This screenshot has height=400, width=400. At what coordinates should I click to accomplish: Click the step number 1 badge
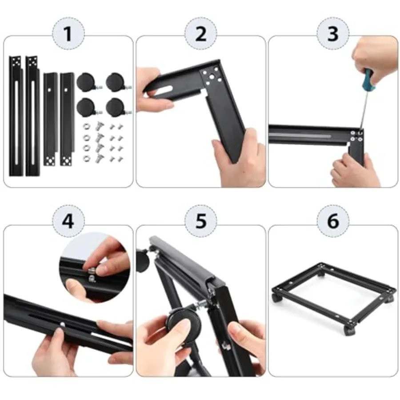coord(68,34)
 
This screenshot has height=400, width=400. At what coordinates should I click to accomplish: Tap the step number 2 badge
coord(201,34)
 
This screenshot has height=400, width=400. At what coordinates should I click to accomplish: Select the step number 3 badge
coord(333,34)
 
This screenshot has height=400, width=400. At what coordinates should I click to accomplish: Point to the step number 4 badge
coord(68,221)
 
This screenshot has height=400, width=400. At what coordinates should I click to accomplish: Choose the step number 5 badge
coord(201,221)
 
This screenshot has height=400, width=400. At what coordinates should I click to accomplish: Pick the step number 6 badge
coord(333,221)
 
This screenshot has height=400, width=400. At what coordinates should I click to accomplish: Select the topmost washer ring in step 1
coord(87,126)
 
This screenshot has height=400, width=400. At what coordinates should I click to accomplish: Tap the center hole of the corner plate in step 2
coord(212,76)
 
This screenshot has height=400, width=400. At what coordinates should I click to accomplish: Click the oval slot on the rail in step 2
coord(165,89)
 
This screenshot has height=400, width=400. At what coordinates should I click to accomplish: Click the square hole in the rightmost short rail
coord(66,90)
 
